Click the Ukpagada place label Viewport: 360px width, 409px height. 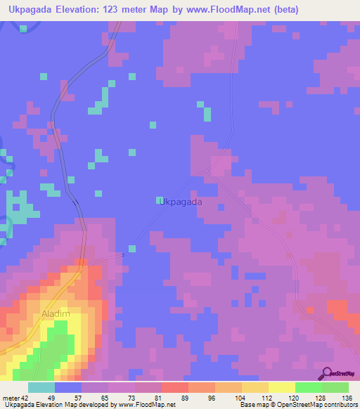(x=181, y=202)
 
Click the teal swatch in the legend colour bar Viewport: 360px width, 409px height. (x=41, y=387)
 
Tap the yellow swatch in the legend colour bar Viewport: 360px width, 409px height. (x=281, y=387)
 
